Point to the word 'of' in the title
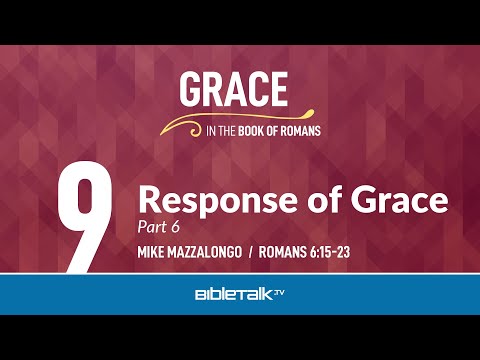point(328,201)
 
